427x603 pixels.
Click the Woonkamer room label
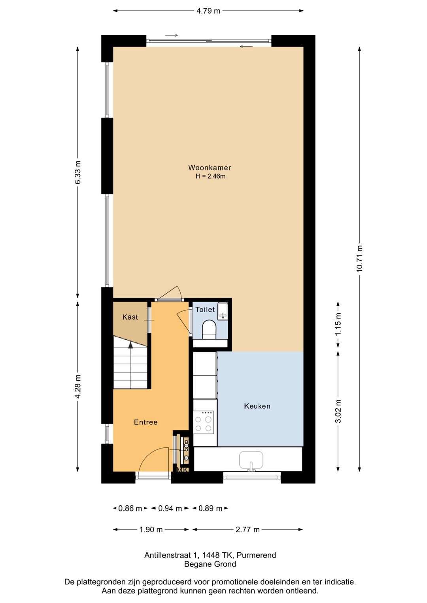(209, 168)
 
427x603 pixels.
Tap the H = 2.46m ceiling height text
(210, 177)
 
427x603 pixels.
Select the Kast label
(130, 317)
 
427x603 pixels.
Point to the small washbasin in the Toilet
(223, 311)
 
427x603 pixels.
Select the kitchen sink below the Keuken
(251, 461)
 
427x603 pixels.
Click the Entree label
(146, 422)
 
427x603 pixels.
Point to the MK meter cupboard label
(182, 470)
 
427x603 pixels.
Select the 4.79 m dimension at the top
(208, 11)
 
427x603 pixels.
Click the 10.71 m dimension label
(360, 259)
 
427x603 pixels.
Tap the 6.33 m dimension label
(78, 172)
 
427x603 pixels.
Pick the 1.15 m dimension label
(338, 324)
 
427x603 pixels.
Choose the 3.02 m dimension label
(338, 411)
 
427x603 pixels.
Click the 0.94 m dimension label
(170, 509)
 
